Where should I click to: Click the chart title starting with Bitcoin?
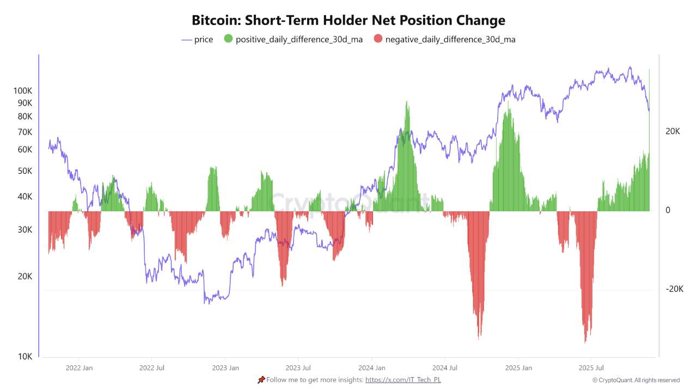(348, 21)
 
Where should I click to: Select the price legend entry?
(197, 39)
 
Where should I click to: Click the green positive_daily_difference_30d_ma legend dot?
(228, 39)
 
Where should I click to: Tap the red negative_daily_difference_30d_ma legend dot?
(378, 39)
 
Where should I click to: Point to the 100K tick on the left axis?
(23, 91)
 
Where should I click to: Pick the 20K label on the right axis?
(672, 131)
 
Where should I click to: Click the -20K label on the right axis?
(674, 289)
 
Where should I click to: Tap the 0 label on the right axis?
(668, 210)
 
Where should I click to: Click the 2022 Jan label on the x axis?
(79, 368)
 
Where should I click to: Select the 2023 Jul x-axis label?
(298, 368)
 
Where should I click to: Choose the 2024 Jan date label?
(372, 368)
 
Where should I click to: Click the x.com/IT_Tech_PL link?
(403, 380)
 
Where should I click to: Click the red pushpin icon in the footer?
(261, 379)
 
